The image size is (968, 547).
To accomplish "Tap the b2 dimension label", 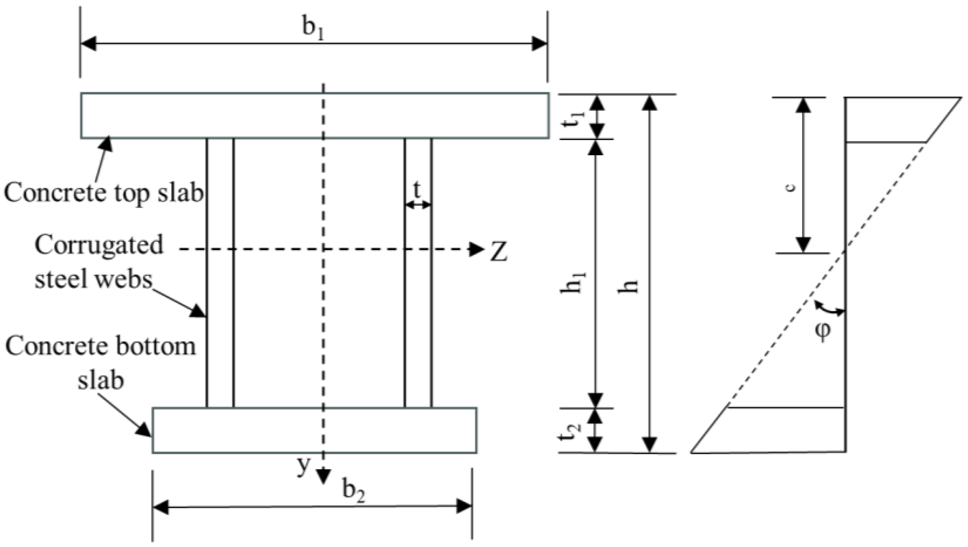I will pos(354,492).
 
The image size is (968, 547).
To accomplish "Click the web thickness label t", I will pos(417,190).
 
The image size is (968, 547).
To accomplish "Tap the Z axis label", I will pos(498,252).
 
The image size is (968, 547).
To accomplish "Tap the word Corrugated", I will pos(99,245).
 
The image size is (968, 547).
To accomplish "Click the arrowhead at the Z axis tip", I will pos(477,249).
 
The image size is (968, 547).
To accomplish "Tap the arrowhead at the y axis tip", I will pos(323,476).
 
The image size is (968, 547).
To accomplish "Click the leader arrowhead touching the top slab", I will pos(106,144).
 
